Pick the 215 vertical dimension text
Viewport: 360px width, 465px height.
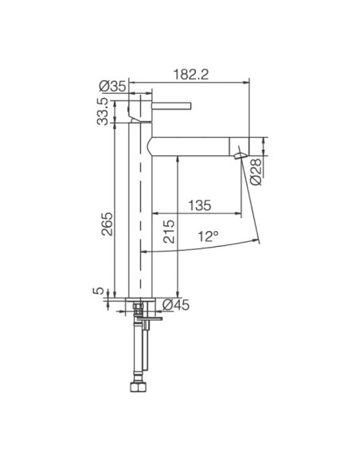pyautogui.click(x=168, y=231)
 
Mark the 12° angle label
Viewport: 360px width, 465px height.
pyautogui.click(x=209, y=236)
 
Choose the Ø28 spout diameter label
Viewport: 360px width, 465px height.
pyautogui.click(x=256, y=170)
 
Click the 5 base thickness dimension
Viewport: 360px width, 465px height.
pyautogui.click(x=100, y=292)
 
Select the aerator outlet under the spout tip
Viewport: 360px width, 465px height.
pyautogui.click(x=238, y=154)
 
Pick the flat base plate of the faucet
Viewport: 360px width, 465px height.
pyautogui.click(x=140, y=299)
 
